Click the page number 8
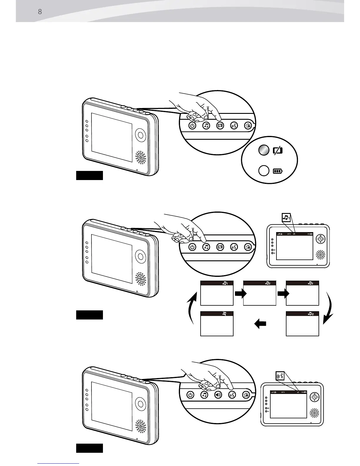point(40,12)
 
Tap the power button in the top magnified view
point(192,126)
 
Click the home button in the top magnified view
point(248,126)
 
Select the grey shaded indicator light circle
point(264,150)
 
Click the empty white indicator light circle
point(264,171)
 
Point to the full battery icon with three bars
point(278,171)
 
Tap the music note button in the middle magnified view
point(206,247)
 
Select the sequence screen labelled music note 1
point(217,293)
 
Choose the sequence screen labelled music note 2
point(260,293)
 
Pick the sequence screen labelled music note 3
point(302,293)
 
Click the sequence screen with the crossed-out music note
point(217,324)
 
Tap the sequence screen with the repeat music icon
point(302,324)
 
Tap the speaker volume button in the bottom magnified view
point(218,395)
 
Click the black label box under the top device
point(89,175)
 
